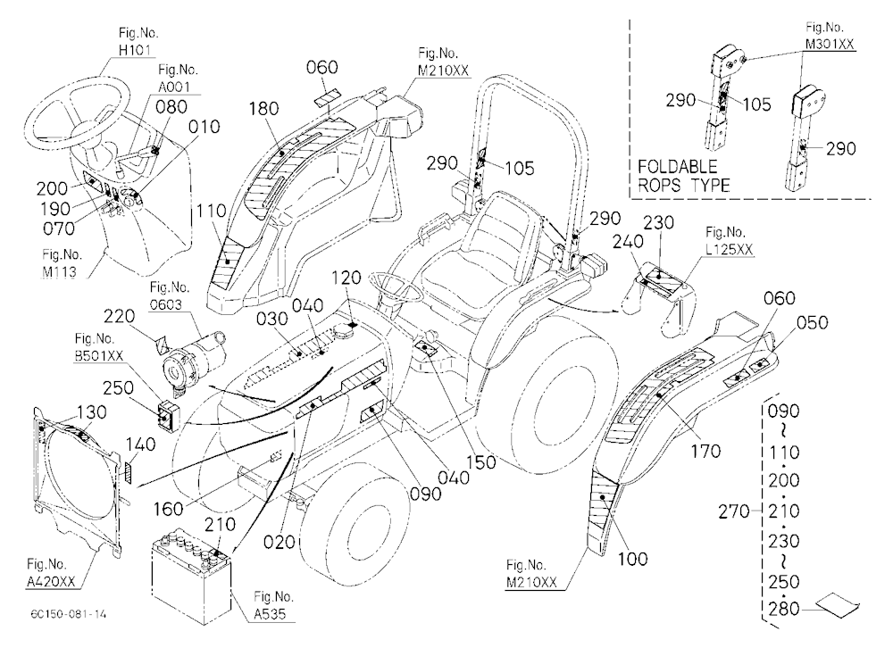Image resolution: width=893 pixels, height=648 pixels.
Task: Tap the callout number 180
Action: [263, 108]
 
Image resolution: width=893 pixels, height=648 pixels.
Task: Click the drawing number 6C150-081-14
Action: [69, 614]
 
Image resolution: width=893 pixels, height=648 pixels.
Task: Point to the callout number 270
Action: [733, 511]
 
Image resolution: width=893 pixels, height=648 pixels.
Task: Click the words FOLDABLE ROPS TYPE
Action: [683, 176]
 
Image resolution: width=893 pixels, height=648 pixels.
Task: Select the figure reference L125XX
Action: [729, 249]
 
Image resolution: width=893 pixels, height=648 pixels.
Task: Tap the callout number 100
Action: [633, 559]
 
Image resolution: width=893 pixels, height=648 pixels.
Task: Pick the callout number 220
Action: [119, 316]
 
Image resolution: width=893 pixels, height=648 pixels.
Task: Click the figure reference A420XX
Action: [51, 581]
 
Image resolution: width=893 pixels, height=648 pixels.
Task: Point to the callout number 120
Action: [346, 278]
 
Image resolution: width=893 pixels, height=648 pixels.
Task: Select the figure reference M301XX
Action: [830, 44]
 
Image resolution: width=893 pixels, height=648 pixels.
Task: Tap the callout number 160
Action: [169, 509]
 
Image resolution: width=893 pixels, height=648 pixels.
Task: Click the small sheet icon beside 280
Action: [837, 603]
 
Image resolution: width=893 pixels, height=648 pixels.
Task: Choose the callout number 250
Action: [119, 387]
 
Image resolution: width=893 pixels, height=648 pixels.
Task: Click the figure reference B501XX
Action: [98, 356]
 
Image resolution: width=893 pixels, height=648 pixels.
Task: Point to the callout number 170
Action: [705, 452]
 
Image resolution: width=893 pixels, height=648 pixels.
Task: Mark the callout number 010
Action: [204, 127]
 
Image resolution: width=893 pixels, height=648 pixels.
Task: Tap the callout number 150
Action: [482, 462]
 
